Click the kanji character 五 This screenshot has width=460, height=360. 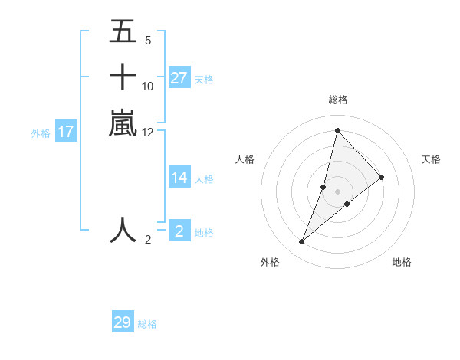tap(123, 32)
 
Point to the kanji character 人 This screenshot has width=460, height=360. tap(123, 230)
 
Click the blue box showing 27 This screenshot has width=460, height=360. tap(179, 78)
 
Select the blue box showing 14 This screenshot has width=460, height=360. tap(179, 178)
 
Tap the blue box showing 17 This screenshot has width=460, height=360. tap(66, 132)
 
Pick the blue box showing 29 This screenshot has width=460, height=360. tap(123, 322)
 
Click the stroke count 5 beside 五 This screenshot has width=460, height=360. tap(147, 40)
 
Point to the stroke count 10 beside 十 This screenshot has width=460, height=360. tap(148, 86)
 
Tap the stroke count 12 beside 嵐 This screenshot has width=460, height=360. tap(148, 132)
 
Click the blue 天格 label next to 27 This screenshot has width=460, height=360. tap(204, 79)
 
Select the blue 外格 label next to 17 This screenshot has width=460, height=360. tap(41, 133)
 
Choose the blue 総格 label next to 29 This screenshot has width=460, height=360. tap(147, 324)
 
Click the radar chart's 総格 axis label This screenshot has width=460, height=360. tap(337, 100)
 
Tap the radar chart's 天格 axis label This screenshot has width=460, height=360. tap(432, 159)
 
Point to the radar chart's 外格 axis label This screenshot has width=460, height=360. tap(270, 262)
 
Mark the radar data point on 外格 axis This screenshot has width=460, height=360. tap(301, 242)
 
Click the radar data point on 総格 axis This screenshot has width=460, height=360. tap(337, 130)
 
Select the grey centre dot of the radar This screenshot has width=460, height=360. tap(337, 191)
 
